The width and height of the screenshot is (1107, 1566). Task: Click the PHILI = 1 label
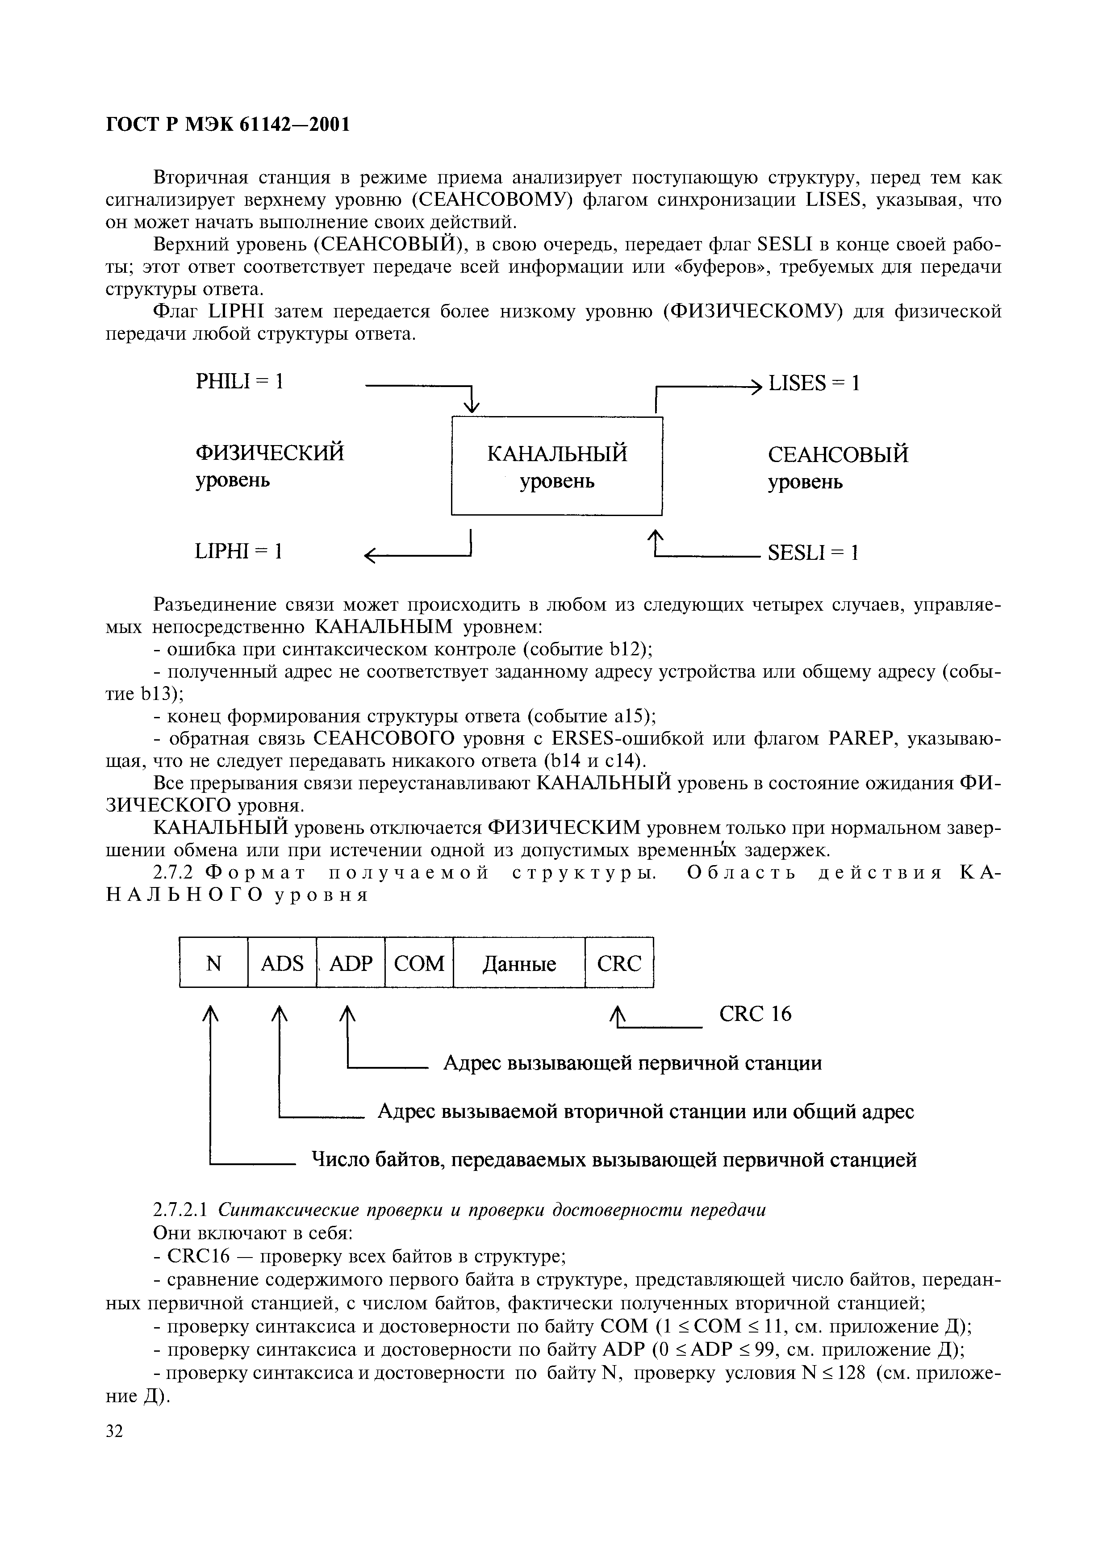[239, 381]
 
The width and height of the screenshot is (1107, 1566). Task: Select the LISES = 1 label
[814, 383]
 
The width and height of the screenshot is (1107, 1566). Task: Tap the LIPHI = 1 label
[239, 551]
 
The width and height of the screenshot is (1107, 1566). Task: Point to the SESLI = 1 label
[812, 553]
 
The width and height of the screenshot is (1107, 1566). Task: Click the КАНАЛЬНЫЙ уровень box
[556, 466]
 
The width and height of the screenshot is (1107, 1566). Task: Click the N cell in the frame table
[213, 963]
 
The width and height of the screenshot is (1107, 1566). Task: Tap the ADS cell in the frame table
[282, 963]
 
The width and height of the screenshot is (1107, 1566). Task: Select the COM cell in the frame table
[419, 963]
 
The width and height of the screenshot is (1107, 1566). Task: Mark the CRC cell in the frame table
[618, 963]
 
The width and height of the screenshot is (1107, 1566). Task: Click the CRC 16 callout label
[755, 1014]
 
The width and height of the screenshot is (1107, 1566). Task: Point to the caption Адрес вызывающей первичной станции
[632, 1062]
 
